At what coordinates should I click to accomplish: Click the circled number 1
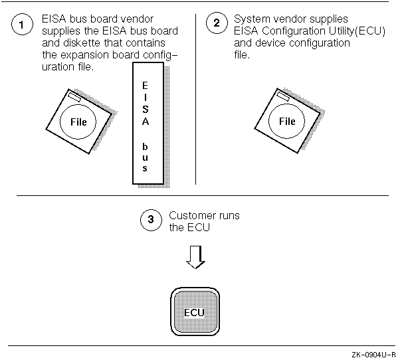pyautogui.click(x=23, y=26)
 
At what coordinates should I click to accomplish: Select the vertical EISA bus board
pyautogui.click(x=146, y=124)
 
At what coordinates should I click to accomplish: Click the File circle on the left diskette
pyautogui.click(x=78, y=122)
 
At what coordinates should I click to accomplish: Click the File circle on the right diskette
pyautogui.click(x=286, y=122)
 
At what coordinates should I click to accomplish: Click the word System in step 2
pyautogui.click(x=249, y=20)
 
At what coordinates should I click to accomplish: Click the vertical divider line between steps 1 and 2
pyautogui.click(x=195, y=100)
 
